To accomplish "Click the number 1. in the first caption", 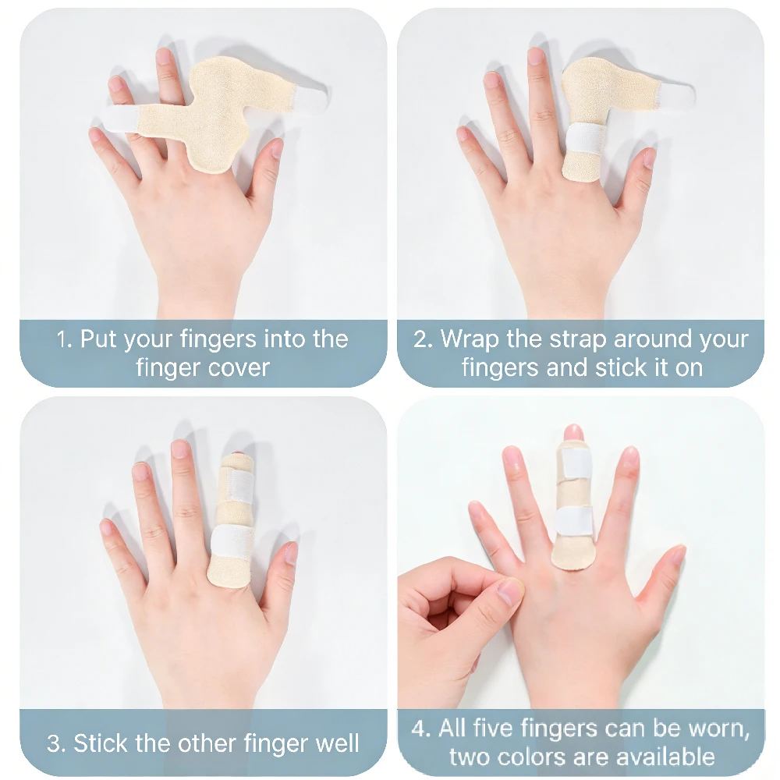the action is pyautogui.click(x=65, y=340).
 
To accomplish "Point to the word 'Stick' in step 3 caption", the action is pyautogui.click(x=101, y=743).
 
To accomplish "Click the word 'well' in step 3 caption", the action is pyautogui.click(x=337, y=743).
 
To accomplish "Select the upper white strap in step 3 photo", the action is pyautogui.click(x=239, y=483).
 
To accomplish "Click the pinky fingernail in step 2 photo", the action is pyautogui.click(x=465, y=133).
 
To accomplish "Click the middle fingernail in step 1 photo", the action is pyautogui.click(x=164, y=56).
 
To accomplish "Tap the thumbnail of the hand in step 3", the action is pyautogui.click(x=290, y=552).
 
